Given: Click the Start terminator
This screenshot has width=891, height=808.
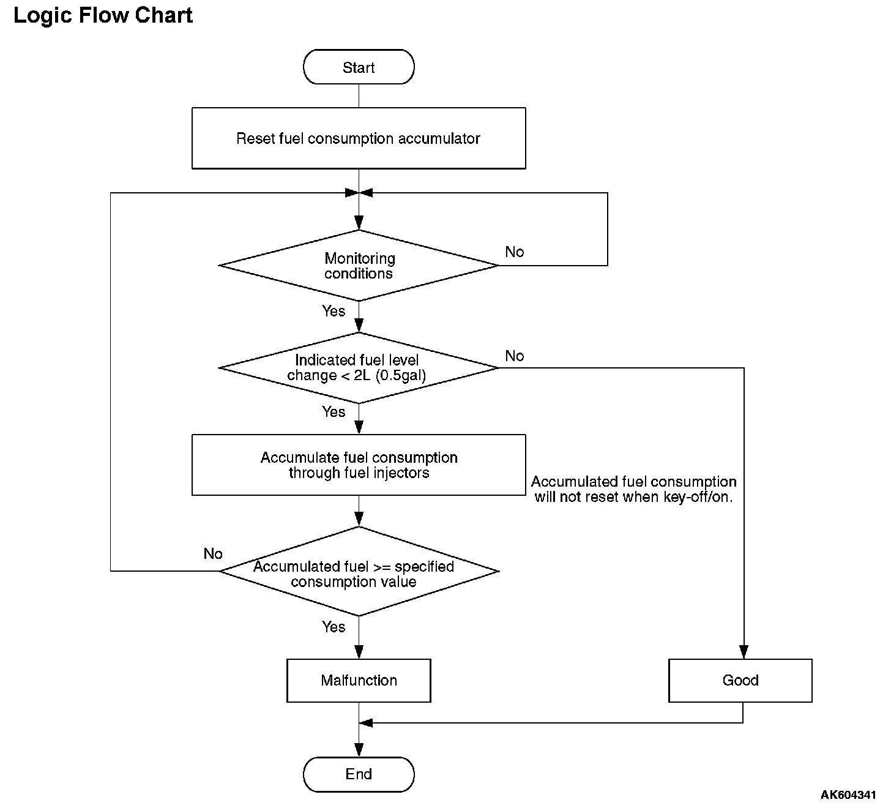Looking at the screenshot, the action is (359, 67).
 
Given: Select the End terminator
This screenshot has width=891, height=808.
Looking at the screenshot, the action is (359, 774).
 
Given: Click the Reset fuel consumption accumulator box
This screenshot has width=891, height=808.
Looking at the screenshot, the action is (359, 138).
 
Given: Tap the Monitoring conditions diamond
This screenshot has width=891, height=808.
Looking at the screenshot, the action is (359, 265).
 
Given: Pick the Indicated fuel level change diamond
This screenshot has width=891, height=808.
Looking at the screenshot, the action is (359, 368).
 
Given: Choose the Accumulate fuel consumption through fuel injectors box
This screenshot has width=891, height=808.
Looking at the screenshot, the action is (359, 465).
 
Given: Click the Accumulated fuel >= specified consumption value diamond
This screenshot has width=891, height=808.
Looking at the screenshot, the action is (359, 572).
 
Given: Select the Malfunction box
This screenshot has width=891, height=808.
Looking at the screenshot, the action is (359, 681).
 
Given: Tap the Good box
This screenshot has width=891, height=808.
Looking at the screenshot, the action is (740, 681).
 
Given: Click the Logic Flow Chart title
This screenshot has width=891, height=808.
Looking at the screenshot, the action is (103, 15).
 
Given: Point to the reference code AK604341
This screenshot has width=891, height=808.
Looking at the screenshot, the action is (848, 795).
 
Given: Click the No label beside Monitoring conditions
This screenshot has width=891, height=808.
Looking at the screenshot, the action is (515, 252).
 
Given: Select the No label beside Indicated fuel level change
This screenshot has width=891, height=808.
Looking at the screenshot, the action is (515, 356).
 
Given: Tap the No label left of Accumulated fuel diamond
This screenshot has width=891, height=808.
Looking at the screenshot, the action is (213, 554).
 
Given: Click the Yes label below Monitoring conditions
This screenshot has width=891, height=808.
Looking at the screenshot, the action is (334, 311).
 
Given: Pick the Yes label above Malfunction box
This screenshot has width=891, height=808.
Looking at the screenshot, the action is (334, 627).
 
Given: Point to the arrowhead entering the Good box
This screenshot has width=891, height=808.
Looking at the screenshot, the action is (744, 652).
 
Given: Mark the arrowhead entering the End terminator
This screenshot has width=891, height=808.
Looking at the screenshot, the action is (359, 750).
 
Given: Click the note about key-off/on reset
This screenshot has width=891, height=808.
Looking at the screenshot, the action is (634, 489).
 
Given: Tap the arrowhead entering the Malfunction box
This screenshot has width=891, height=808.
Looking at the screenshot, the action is (359, 652).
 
